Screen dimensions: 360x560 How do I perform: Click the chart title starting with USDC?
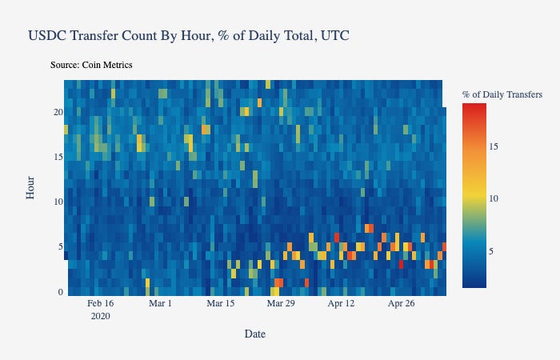pyautogui.click(x=188, y=36)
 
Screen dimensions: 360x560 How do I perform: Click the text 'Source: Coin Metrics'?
pyautogui.click(x=91, y=64)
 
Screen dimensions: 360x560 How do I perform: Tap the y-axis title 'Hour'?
pyautogui.click(x=30, y=187)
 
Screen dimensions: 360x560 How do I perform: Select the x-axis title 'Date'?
pyautogui.click(x=255, y=334)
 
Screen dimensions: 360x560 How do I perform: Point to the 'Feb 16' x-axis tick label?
pyautogui.click(x=101, y=304)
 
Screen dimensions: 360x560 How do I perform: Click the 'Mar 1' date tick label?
pyautogui.click(x=161, y=304)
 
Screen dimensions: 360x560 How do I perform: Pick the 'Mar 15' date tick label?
pyautogui.click(x=220, y=304)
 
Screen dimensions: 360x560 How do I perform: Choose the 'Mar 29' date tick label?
pyautogui.click(x=280, y=304)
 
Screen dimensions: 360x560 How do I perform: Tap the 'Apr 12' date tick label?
pyautogui.click(x=341, y=304)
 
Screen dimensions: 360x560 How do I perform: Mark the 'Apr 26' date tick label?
pyautogui.click(x=401, y=304)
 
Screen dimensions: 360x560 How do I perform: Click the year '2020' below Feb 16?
pyautogui.click(x=101, y=316)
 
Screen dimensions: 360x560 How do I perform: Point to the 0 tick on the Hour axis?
pyautogui.click(x=60, y=292)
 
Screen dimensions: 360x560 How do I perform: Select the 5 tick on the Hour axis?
pyautogui.click(x=60, y=247)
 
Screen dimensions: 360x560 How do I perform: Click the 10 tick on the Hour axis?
pyautogui.click(x=58, y=202)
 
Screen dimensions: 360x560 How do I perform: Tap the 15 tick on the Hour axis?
pyautogui.click(x=58, y=157)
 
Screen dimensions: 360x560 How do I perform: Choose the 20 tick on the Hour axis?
pyautogui.click(x=58, y=112)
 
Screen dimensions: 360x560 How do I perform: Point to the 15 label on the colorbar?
pyautogui.click(x=494, y=146)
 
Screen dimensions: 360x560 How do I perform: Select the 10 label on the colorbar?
pyautogui.click(x=494, y=198)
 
